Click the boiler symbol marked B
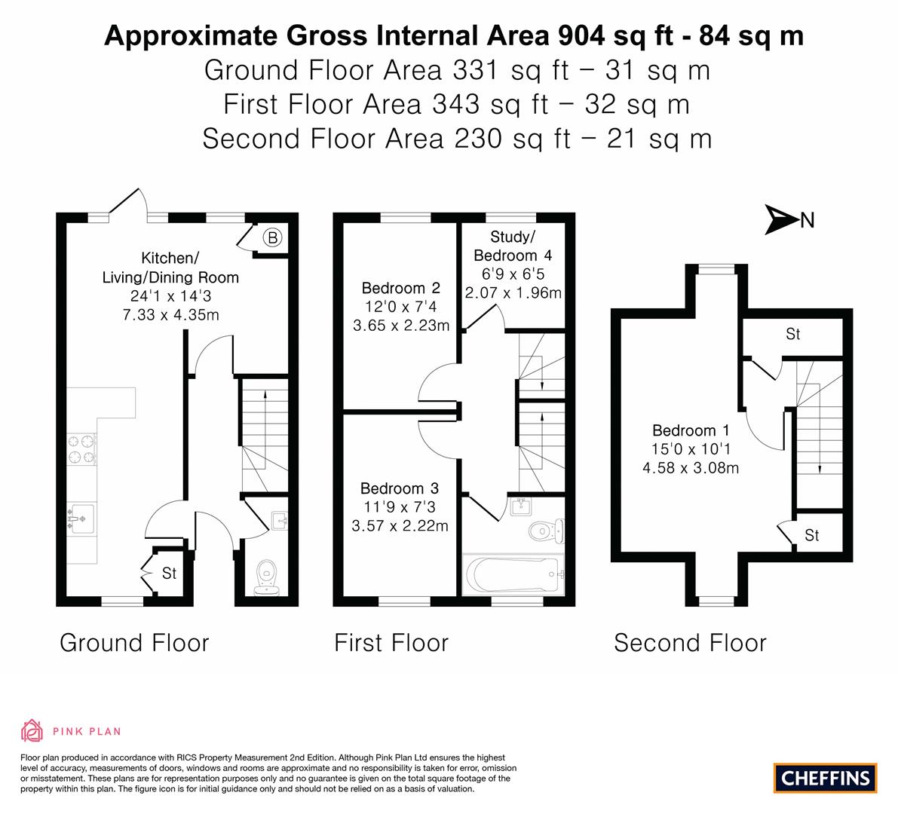click(x=273, y=237)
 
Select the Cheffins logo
click(x=826, y=778)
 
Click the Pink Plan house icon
click(x=32, y=730)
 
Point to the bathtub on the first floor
click(x=513, y=574)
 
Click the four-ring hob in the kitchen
click(x=81, y=449)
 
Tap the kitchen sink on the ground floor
click(x=81, y=519)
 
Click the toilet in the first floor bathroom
click(x=546, y=531)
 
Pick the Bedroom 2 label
click(x=401, y=287)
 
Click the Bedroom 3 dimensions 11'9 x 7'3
click(x=400, y=506)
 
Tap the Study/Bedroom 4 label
click(x=513, y=246)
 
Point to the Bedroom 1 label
click(x=691, y=430)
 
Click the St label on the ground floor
click(x=169, y=573)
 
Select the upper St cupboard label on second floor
click(x=792, y=334)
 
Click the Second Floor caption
click(x=690, y=643)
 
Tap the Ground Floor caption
click(x=134, y=643)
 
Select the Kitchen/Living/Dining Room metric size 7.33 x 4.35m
click(x=170, y=315)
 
